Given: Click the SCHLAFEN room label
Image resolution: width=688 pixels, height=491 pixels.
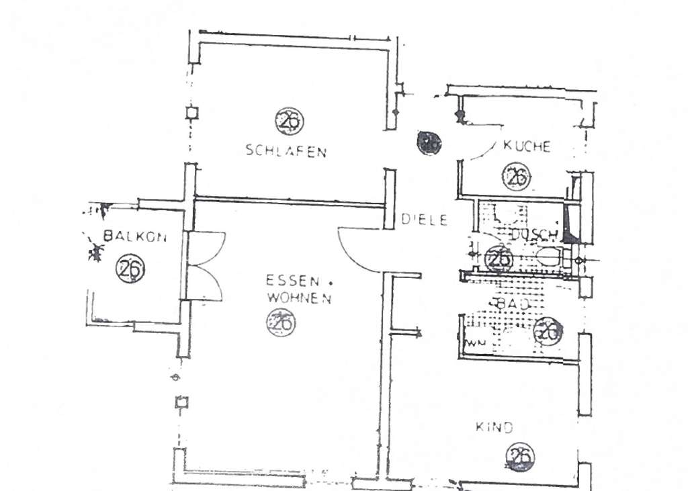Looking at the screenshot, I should pyautogui.click(x=286, y=151).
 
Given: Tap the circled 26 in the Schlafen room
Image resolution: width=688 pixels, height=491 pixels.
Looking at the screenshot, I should pyautogui.click(x=289, y=122).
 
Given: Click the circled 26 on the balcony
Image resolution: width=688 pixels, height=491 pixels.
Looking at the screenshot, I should pyautogui.click(x=130, y=269).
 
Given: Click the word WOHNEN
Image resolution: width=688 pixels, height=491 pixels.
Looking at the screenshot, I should pyautogui.click(x=298, y=298).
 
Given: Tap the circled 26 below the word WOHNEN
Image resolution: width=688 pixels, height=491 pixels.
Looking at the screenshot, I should pyautogui.click(x=282, y=322).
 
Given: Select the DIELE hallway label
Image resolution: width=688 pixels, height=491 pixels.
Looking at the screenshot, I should pyautogui.click(x=424, y=219).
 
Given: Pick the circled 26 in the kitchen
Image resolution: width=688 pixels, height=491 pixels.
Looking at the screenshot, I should pyautogui.click(x=516, y=177).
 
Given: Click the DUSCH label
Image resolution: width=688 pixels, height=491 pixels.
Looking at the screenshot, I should pyautogui.click(x=534, y=234).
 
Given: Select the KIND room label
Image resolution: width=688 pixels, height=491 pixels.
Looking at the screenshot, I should pyautogui.click(x=494, y=427).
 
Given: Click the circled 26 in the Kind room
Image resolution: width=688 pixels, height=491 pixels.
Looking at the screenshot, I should pyautogui.click(x=520, y=457).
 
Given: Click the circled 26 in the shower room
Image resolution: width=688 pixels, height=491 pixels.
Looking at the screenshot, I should pyautogui.click(x=498, y=258).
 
